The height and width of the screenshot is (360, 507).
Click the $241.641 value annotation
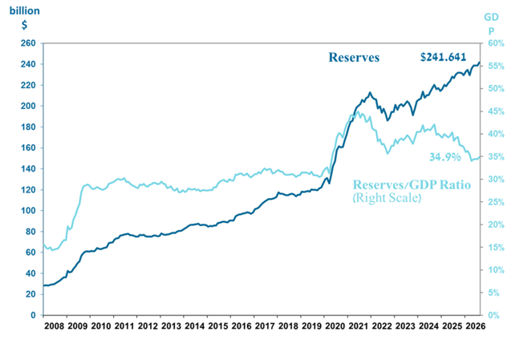[444, 57]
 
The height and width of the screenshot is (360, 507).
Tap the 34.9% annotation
[445, 157]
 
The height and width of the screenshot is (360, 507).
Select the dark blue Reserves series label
[354, 58]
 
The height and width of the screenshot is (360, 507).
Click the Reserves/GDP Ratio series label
[412, 184]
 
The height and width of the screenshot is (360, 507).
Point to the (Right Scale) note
[387, 198]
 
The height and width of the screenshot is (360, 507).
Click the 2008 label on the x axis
[55, 326]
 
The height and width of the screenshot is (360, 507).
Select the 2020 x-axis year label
[335, 326]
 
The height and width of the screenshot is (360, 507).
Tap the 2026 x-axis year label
[476, 326]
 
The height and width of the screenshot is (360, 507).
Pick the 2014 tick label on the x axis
[195, 326]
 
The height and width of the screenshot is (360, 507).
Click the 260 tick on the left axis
[28, 43]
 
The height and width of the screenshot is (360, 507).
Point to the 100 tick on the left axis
[28, 210]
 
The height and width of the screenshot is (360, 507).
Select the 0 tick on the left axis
[33, 315]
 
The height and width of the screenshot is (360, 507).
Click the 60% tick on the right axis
[496, 43]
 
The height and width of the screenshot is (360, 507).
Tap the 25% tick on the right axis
[496, 202]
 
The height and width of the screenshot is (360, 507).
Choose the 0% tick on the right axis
[493, 315]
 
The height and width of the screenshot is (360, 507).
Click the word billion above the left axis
[25, 11]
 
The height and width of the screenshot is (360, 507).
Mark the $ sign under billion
[24, 25]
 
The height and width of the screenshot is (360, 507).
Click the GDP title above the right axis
[492, 24]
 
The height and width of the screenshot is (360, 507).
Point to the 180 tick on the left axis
[28, 127]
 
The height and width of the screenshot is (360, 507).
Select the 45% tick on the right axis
[496, 111]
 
